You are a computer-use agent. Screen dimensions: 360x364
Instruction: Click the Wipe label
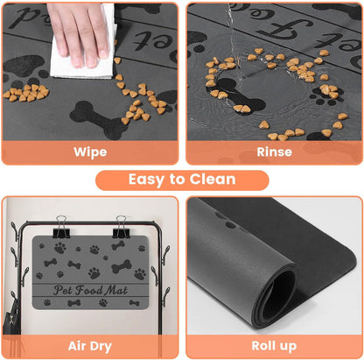pyautogui.click(x=90, y=152)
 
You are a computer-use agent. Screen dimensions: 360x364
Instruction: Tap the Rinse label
pyautogui.click(x=274, y=152)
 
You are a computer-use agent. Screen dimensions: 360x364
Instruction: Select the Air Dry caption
pyautogui.click(x=90, y=345)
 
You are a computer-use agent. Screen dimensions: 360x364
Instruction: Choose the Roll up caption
pyautogui.click(x=274, y=345)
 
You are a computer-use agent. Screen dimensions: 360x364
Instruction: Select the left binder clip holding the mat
pyautogui.click(x=62, y=226)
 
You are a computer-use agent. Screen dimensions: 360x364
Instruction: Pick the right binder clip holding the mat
pyautogui.click(x=122, y=226)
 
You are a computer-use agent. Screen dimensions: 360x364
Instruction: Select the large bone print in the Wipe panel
pyautogui.click(x=94, y=113)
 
